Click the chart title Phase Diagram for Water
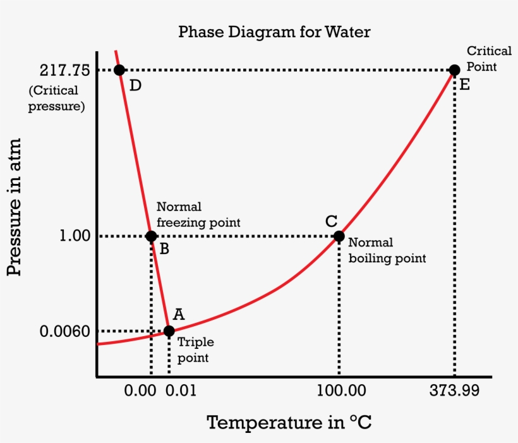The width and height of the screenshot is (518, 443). [x=274, y=32]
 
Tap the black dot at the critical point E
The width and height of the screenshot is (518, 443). [x=454, y=70]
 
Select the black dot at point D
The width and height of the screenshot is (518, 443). [x=119, y=70]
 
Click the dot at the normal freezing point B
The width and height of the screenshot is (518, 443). [x=151, y=236]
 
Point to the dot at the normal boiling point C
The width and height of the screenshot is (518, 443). [x=339, y=236]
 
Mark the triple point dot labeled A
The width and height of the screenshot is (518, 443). [x=169, y=331]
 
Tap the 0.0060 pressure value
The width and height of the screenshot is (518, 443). [x=66, y=331]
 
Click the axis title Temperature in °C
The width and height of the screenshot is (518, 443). [x=289, y=422]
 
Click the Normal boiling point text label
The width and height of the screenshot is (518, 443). [x=387, y=250]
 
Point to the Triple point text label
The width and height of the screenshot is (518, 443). [x=195, y=349]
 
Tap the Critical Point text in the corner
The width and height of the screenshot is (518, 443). [x=488, y=59]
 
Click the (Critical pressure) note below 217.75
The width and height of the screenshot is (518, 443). [x=57, y=99]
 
